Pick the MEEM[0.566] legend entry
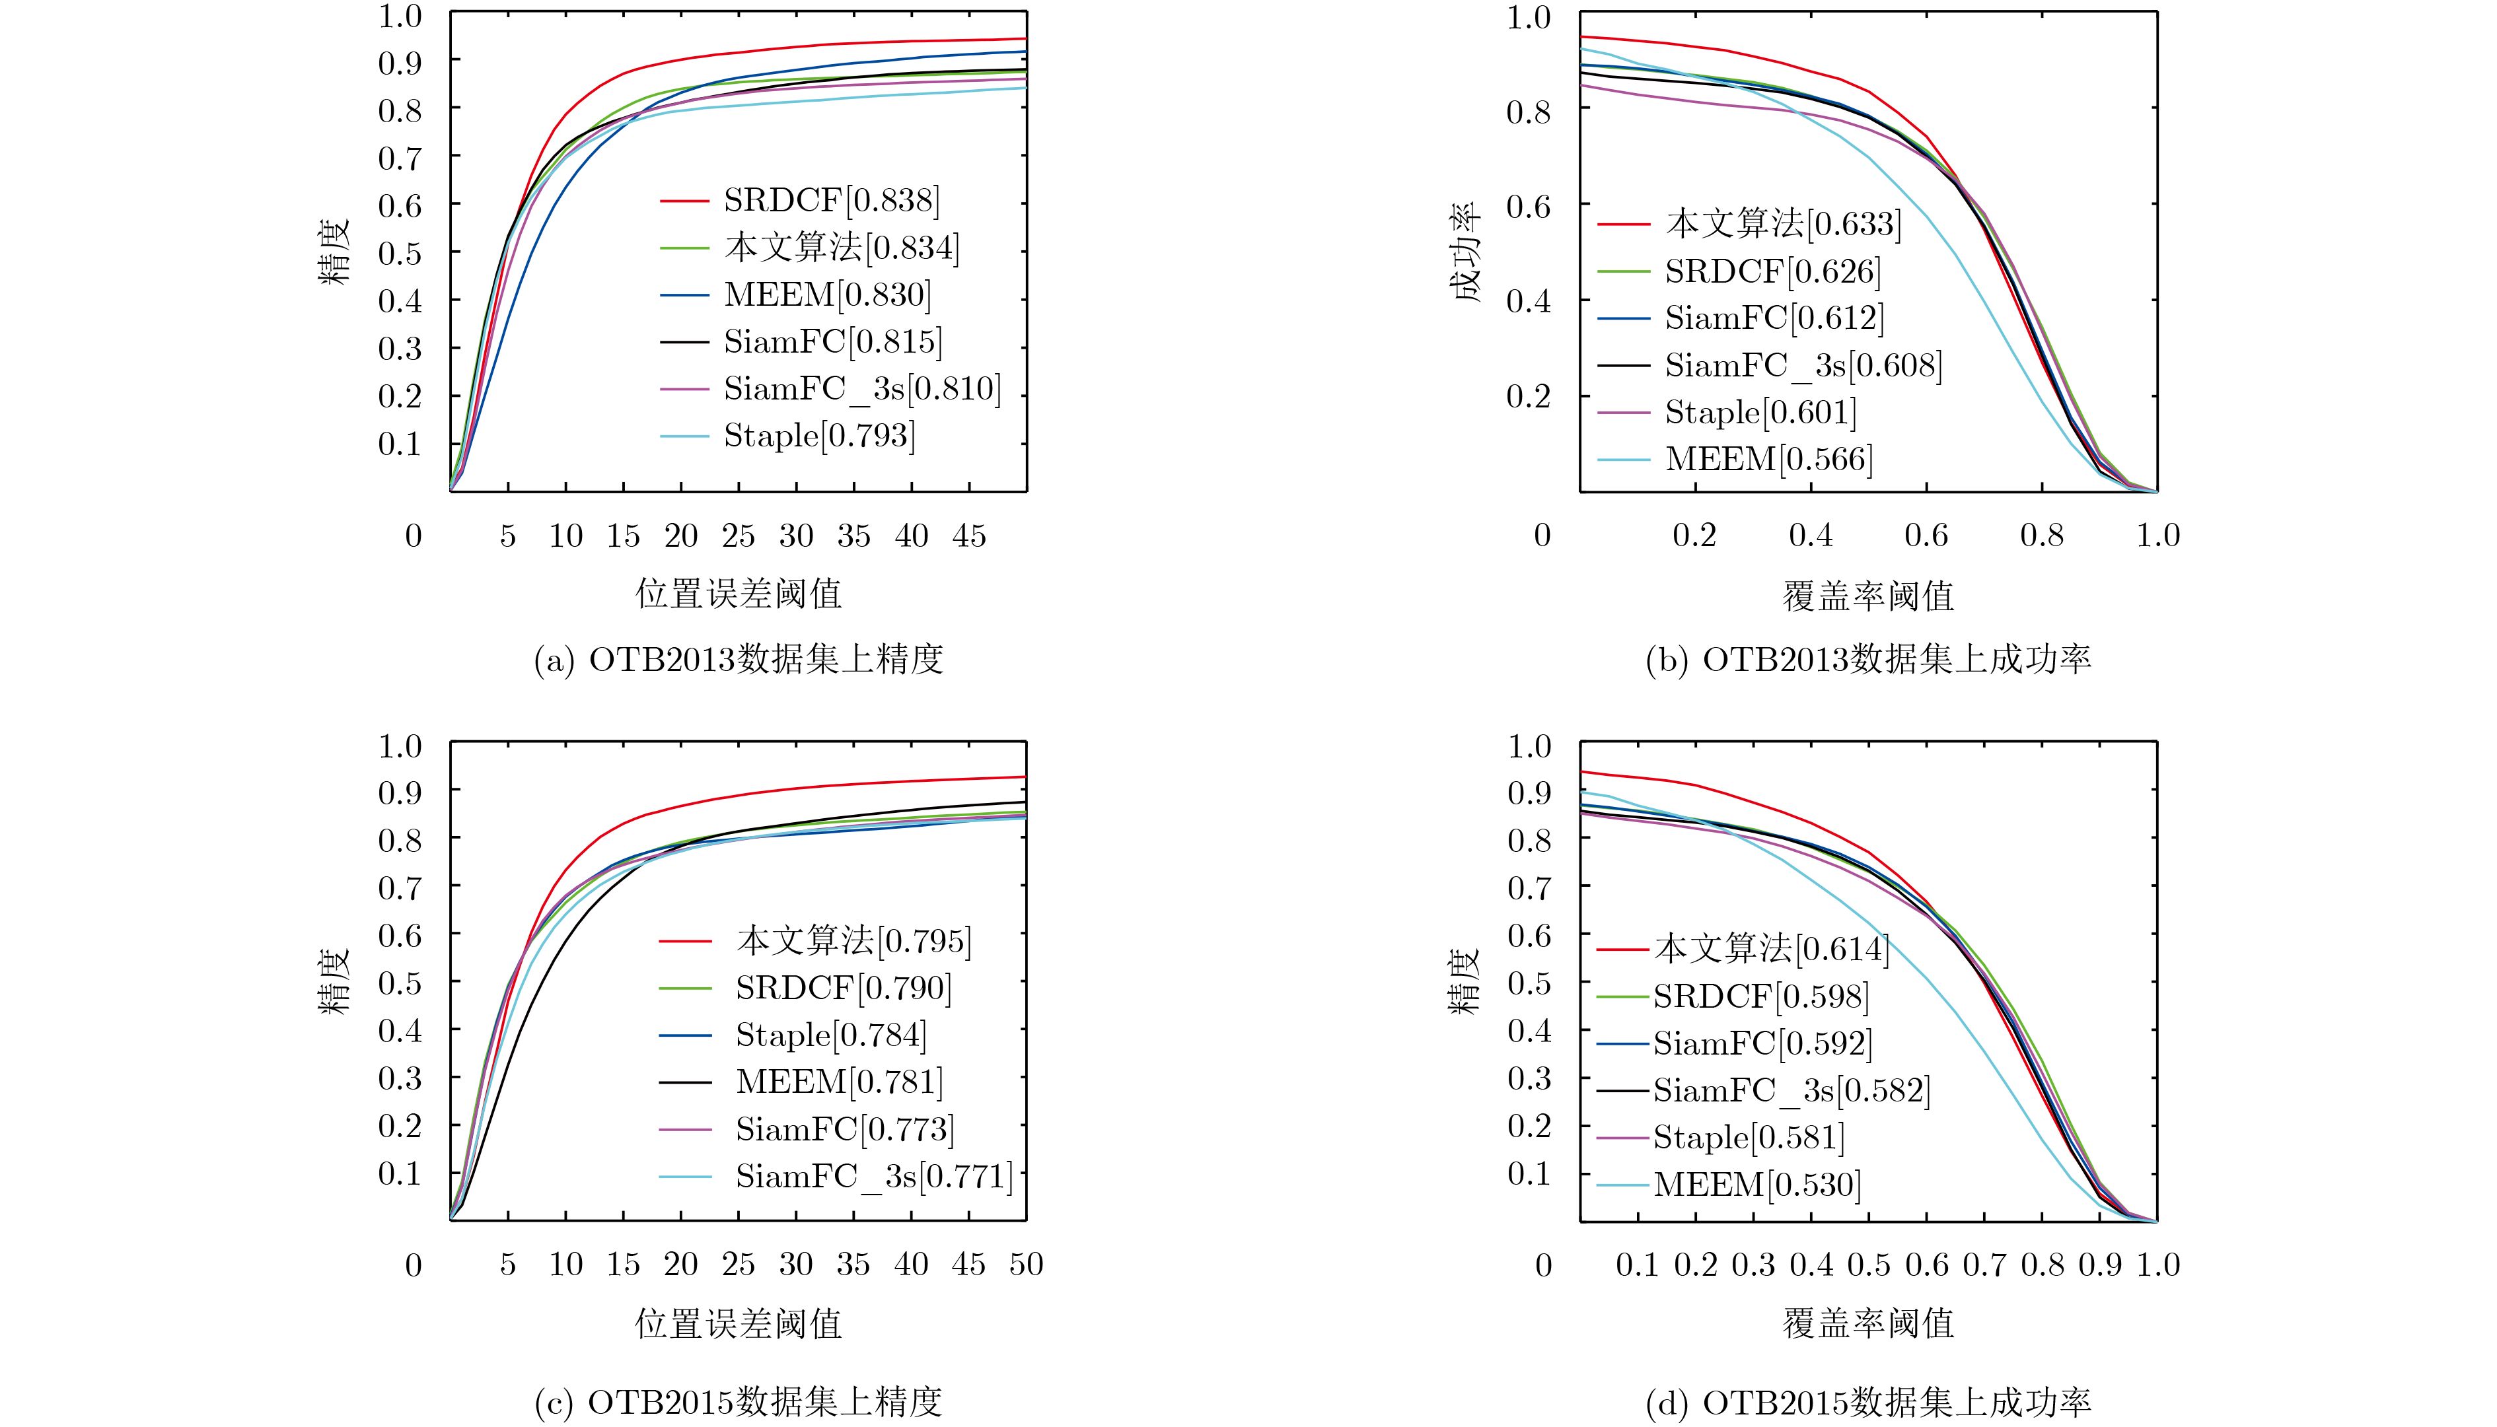click(x=1768, y=459)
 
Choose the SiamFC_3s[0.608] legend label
click(x=1803, y=365)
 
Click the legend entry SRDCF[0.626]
click(x=1772, y=271)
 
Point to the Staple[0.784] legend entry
click(x=830, y=1034)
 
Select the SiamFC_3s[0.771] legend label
click(x=873, y=1175)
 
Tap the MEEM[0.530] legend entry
click(x=1757, y=1184)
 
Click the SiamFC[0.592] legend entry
click(x=1762, y=1042)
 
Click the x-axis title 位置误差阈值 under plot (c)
click(x=739, y=1324)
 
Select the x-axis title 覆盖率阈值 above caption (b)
click(x=1867, y=595)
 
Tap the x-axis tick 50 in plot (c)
click(x=1025, y=1265)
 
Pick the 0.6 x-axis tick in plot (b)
click(x=1926, y=535)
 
